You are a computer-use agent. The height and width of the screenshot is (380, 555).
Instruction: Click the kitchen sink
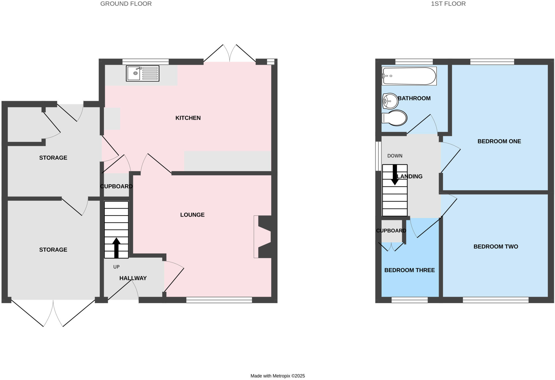click(x=143, y=73)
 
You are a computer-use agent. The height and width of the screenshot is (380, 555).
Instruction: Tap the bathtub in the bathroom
click(x=409, y=76)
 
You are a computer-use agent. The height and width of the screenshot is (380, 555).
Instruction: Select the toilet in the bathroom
click(x=395, y=118)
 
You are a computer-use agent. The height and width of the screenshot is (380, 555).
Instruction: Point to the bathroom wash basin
click(x=390, y=101)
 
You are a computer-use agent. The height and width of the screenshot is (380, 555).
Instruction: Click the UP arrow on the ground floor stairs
click(x=116, y=247)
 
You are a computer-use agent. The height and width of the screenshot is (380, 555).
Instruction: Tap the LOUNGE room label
click(x=192, y=215)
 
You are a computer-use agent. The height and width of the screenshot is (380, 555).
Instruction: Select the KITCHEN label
click(x=188, y=118)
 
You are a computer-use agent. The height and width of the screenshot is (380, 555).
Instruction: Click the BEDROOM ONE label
click(x=499, y=141)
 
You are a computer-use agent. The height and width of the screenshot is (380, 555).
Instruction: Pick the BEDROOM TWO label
click(x=496, y=247)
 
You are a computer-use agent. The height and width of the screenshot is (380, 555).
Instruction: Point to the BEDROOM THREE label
click(x=409, y=270)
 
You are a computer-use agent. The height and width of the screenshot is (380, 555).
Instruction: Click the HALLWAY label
click(x=133, y=278)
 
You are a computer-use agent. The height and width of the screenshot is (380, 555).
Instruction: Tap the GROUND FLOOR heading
click(x=126, y=4)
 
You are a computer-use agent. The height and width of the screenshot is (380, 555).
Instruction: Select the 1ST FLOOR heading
click(x=448, y=4)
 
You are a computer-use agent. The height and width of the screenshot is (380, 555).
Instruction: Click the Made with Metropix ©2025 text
click(x=277, y=376)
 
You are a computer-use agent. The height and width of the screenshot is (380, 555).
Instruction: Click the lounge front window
click(x=219, y=300)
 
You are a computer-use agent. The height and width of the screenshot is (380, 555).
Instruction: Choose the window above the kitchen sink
click(x=146, y=62)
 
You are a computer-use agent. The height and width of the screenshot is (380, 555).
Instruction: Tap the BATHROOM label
click(x=414, y=98)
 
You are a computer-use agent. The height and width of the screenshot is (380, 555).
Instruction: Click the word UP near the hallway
click(x=116, y=267)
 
